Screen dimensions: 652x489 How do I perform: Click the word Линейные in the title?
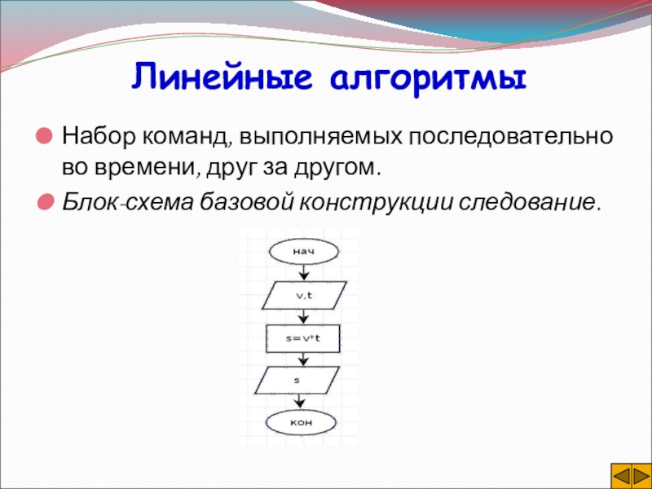click(x=222, y=77)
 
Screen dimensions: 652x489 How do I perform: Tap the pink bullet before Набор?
click(x=44, y=136)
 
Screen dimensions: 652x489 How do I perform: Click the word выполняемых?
click(x=319, y=138)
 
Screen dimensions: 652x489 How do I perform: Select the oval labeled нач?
click(x=304, y=251)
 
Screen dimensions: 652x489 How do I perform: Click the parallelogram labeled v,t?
click(x=304, y=295)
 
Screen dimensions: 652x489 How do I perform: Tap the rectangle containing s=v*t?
click(x=302, y=338)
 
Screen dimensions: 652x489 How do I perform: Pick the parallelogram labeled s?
click(x=297, y=380)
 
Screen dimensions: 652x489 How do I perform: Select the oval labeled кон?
click(x=301, y=423)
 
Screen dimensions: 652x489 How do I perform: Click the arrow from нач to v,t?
click(x=304, y=272)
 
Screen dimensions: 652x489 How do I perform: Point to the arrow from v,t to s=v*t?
click(x=304, y=317)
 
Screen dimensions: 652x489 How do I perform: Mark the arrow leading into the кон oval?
click(x=299, y=402)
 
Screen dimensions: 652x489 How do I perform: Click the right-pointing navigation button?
click(x=641, y=475)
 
